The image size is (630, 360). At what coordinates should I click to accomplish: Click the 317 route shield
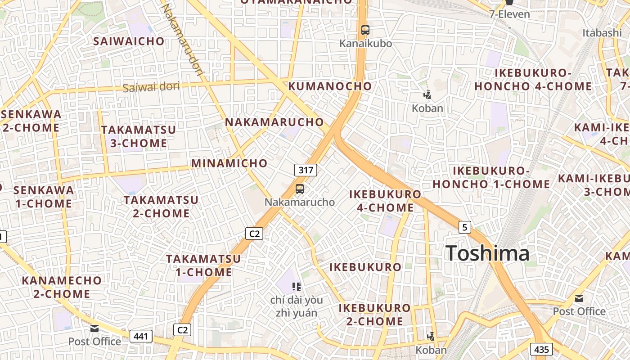tap(306, 170)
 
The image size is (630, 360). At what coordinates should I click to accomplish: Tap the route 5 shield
tap(465, 227)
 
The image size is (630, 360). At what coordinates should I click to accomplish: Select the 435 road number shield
tap(541, 349)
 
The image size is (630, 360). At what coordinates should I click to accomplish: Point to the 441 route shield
tap(141, 336)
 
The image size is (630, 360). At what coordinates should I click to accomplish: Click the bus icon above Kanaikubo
tap(365, 30)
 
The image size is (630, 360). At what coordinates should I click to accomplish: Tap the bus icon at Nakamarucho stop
tap(300, 189)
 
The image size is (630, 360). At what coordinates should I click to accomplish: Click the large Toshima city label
tap(487, 253)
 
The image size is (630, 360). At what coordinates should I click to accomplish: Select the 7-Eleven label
tap(509, 14)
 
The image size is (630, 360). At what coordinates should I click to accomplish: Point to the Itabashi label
tap(602, 32)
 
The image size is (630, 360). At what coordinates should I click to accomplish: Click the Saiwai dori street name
tap(151, 87)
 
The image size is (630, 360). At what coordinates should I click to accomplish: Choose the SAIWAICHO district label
tap(129, 41)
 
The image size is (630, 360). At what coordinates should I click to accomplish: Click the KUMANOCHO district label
tap(330, 86)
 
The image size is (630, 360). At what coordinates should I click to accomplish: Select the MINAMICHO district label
tap(229, 163)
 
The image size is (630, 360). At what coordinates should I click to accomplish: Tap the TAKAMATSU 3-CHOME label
tap(139, 136)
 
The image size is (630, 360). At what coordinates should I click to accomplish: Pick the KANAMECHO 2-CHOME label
tap(62, 287)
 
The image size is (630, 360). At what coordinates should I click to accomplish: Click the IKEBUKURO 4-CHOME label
tap(385, 201)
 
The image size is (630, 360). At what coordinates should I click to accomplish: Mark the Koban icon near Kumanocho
tap(427, 95)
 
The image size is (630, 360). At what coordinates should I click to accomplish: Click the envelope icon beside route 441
tap(94, 328)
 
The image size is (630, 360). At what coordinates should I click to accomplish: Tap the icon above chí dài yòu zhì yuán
tap(296, 286)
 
